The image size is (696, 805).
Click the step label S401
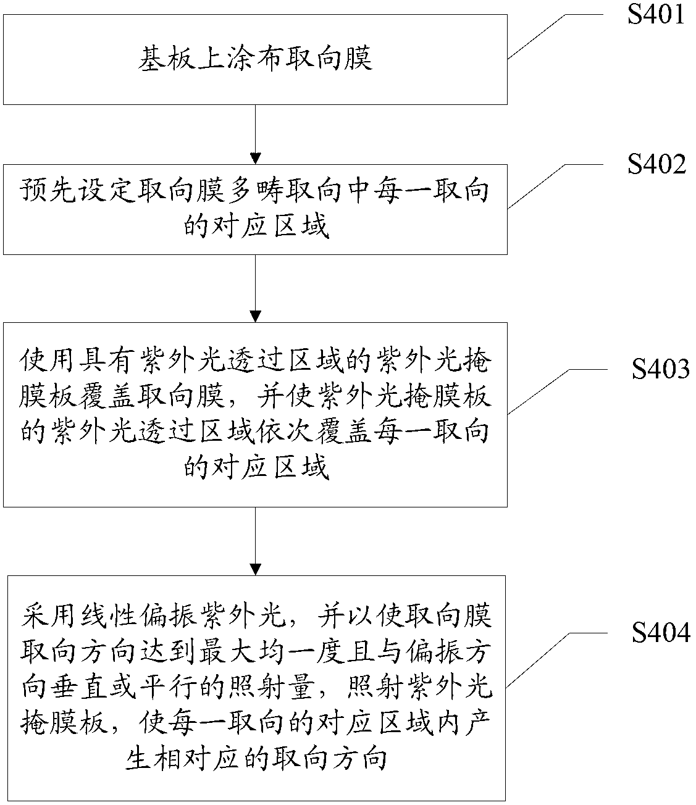(656, 14)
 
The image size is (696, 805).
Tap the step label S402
(656, 164)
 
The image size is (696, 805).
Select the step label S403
(661, 369)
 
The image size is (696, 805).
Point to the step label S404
(661, 633)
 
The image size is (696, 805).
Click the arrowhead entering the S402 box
(255, 159)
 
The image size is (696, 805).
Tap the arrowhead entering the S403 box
(255, 317)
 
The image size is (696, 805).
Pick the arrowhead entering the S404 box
(255, 570)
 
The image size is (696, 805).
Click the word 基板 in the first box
(167, 59)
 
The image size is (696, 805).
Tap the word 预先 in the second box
(48, 191)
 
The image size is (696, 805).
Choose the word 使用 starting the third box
(48, 361)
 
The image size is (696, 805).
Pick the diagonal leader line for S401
(537, 36)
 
